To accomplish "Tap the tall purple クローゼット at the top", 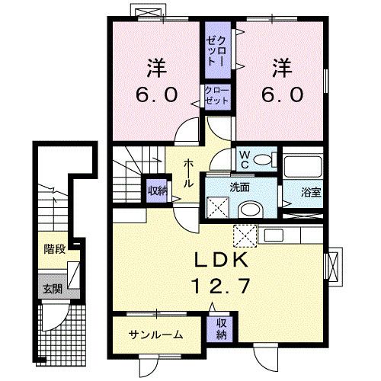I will click(214, 50).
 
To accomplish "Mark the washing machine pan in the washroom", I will click(218, 206).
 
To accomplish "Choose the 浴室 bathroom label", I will click(310, 193).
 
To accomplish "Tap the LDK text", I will click(219, 259).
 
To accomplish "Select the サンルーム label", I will click(155, 335).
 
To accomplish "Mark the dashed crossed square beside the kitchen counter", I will click(243, 233).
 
